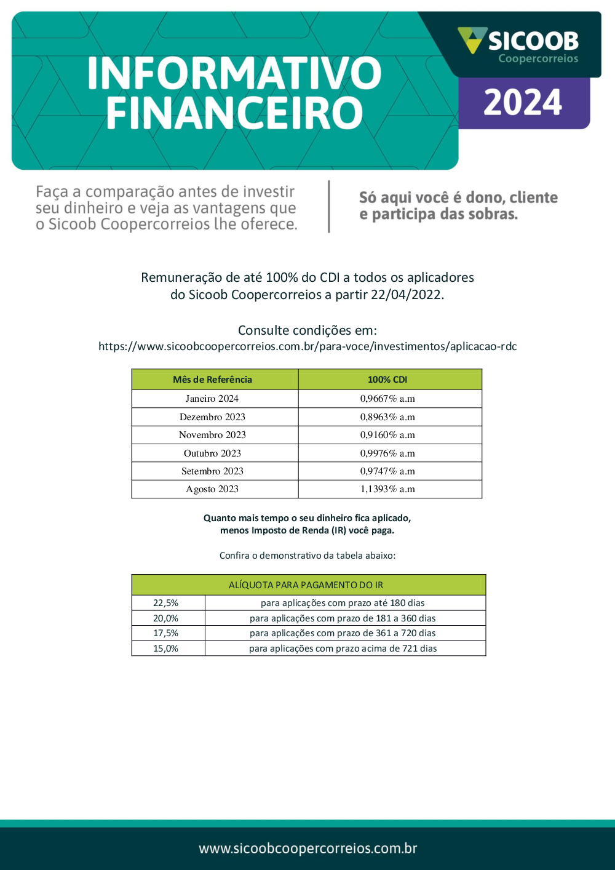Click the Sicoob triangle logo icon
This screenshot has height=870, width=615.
coord(472,40)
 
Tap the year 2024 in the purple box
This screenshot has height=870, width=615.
coord(523,103)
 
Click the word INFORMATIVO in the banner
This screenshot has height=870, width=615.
coord(234,73)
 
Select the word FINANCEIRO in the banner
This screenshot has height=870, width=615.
coord(234,113)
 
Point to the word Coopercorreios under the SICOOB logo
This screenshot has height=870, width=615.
coord(538,59)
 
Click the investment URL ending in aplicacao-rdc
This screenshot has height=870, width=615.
coord(307,346)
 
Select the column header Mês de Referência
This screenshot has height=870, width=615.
coord(212,380)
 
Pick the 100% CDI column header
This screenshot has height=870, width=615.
coord(387,380)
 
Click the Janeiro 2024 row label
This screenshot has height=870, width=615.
coord(212,399)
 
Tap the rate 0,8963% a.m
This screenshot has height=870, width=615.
coord(387,417)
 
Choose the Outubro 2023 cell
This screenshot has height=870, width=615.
coord(212,453)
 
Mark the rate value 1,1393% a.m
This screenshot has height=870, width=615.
coord(387,489)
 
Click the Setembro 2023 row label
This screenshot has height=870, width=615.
coord(212,471)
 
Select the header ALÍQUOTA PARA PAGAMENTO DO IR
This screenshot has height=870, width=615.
coord(306,585)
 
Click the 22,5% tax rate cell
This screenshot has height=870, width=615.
coord(166,603)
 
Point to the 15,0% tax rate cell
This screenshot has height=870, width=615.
coord(166,649)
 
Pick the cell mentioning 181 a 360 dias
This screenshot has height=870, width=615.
coord(343,618)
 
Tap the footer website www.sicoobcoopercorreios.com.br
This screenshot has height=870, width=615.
coord(307,848)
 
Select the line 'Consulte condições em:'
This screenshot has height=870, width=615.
coord(307,330)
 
